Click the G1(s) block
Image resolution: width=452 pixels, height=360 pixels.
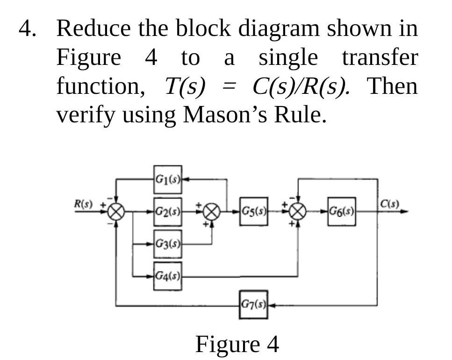point(167,179)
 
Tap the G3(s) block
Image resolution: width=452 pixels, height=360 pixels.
point(167,244)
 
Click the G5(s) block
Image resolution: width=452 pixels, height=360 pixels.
point(254,212)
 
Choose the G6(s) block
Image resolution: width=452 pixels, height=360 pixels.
point(342,212)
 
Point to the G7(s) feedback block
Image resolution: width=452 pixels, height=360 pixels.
point(254,305)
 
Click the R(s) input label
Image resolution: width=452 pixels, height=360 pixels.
point(84,204)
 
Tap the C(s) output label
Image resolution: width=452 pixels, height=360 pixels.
point(389,204)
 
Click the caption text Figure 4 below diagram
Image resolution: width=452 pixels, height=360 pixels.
point(237,344)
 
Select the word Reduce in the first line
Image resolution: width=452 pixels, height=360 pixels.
point(93,29)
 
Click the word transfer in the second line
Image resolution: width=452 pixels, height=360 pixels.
point(380,58)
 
